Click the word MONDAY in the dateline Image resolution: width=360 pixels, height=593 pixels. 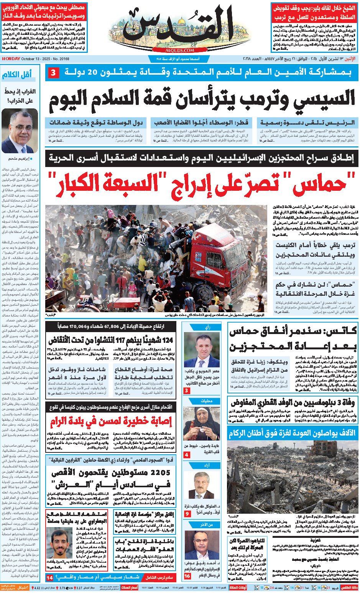11,59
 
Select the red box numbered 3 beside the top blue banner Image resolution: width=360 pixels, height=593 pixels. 54,72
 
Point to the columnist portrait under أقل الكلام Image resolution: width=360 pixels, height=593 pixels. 17,131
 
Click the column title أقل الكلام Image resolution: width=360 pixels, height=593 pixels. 17,75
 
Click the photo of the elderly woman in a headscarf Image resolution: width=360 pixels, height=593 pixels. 207,424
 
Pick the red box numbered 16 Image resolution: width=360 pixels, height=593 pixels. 187,576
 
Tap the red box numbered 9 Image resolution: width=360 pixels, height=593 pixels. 187,514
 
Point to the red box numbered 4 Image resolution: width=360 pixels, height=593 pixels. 187,455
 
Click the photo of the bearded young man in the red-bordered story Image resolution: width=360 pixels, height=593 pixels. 60,544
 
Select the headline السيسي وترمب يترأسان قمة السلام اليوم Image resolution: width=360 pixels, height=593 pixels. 202,99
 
